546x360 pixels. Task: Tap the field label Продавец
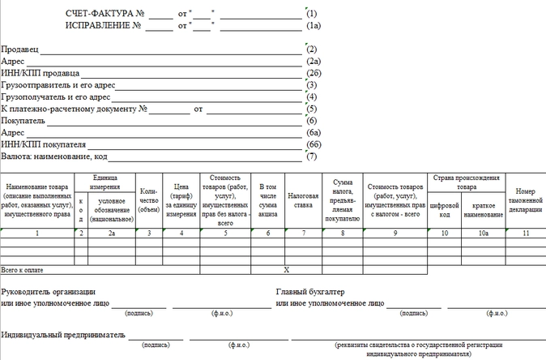tap(20, 49)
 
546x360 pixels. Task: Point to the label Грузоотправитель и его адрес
tap(59, 85)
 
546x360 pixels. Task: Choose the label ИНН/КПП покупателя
tap(44, 144)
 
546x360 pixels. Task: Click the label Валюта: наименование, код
tap(55, 156)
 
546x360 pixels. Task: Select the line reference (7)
tap(312, 156)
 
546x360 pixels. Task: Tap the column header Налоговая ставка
tap(303, 200)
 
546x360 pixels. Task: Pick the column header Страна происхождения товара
tap(466, 182)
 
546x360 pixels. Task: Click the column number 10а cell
tap(484, 233)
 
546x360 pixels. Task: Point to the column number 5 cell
tap(225, 233)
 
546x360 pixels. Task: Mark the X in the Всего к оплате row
tap(285, 268)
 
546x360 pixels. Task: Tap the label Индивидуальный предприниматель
tap(64, 334)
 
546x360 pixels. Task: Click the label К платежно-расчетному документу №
tap(73, 109)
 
